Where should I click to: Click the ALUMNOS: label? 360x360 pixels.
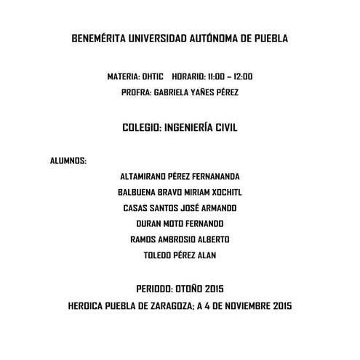click(68, 160)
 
